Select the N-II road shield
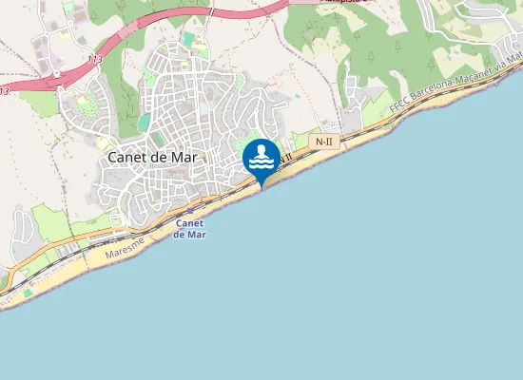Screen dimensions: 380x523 tap(324, 142)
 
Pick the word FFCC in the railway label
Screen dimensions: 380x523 tap(399, 107)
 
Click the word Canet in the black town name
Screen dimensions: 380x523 tap(126, 158)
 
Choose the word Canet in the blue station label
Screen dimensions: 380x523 tap(190, 224)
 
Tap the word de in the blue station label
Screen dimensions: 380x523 tap(181, 235)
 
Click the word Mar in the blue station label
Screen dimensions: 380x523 tap(197, 235)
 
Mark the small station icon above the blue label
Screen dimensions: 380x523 tap(190, 211)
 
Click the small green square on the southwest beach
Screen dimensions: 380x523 tap(28, 293)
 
